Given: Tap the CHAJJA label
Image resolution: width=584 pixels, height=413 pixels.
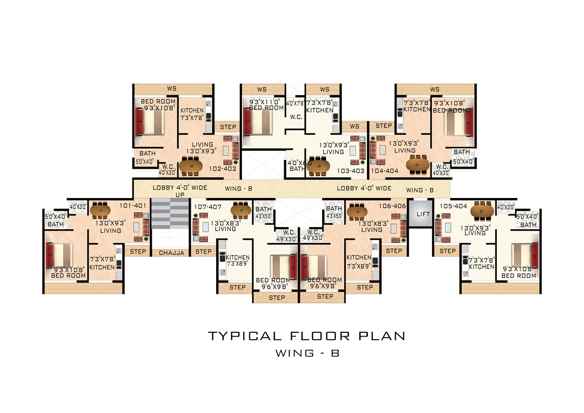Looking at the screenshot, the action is [x=171, y=253].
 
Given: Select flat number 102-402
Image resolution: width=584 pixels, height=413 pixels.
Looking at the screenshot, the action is [x=223, y=169].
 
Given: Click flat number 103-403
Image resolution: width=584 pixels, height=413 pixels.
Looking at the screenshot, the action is [x=351, y=171].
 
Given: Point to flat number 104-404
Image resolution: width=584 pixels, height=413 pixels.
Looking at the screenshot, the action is [x=384, y=171].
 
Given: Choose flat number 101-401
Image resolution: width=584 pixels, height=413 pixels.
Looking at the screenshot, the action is [x=133, y=206].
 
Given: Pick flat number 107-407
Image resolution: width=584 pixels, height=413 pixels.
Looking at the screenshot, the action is [x=208, y=207].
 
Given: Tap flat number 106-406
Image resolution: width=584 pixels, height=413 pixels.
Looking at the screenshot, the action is [x=392, y=206].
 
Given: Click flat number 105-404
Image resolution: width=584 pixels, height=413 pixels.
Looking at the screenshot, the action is [x=454, y=206].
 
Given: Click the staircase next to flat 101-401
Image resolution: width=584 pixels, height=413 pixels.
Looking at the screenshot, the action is [x=170, y=214].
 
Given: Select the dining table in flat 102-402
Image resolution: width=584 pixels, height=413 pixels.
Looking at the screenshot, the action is [x=191, y=166].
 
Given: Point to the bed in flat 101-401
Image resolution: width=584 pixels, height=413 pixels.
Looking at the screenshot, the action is [x=59, y=255].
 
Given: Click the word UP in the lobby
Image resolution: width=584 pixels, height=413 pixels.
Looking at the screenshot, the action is [x=180, y=195].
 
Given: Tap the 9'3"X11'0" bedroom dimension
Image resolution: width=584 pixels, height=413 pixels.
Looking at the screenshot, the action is [x=264, y=102].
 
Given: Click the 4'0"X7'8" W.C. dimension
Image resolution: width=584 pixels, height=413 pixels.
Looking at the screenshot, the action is [x=295, y=103].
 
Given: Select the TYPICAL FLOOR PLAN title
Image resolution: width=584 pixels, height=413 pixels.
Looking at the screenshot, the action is [x=307, y=336].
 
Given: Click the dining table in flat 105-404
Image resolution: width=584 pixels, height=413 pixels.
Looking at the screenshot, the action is [x=482, y=210].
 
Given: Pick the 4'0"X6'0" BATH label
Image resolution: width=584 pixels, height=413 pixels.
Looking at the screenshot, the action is [x=299, y=166].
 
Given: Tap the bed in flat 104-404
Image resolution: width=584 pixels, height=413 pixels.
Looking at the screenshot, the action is [x=458, y=122].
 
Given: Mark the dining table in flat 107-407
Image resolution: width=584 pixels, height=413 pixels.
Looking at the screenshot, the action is [x=240, y=210].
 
